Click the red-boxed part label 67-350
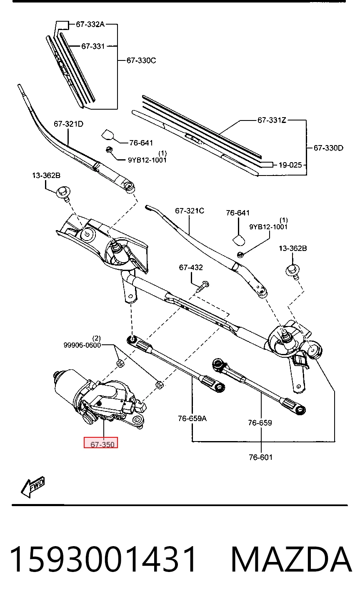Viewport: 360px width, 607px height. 102,444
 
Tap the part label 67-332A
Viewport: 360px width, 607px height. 90,24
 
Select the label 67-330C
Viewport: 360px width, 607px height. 141,60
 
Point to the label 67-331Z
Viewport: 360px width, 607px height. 272,120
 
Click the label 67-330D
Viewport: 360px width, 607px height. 328,148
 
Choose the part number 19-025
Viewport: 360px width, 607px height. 290,165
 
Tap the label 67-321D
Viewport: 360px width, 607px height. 68,124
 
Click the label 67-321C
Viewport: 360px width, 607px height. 190,211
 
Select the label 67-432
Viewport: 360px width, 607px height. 191,268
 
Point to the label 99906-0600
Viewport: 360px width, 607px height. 82,345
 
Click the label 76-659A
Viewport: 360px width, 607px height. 192,419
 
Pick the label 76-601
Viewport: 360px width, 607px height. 260,457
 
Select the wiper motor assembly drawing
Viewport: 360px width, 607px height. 99,399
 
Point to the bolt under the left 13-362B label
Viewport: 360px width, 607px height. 64,193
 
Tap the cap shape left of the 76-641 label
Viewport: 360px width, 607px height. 108,134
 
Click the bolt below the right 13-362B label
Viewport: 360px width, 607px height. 292,272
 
